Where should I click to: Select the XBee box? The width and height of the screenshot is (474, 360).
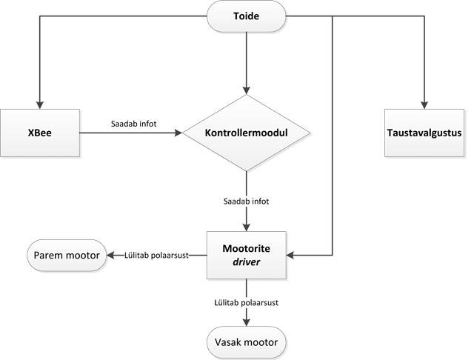[41, 133]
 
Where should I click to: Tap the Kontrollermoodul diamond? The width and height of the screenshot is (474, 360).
[246, 133]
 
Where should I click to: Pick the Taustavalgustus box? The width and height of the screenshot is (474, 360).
[424, 133]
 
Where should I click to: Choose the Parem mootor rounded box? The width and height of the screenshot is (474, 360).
[67, 256]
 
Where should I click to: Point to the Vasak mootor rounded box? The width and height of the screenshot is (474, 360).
[246, 341]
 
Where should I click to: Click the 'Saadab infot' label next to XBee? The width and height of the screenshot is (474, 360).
[133, 123]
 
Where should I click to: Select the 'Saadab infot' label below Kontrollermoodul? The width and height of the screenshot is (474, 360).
[246, 201]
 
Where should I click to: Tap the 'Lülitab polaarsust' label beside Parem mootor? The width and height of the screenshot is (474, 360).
[156, 256]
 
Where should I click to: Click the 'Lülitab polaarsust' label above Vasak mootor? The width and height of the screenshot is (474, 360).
[246, 302]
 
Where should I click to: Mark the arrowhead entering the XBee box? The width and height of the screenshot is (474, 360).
[40, 104]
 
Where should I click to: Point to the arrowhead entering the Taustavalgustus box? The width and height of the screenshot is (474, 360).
[424, 104]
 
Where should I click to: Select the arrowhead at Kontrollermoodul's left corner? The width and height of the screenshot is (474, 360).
[178, 133]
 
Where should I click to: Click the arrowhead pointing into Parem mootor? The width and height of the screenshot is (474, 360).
[110, 256]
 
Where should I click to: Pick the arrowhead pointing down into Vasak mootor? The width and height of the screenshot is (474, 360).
[246, 321]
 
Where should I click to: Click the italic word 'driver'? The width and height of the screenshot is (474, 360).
[246, 262]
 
